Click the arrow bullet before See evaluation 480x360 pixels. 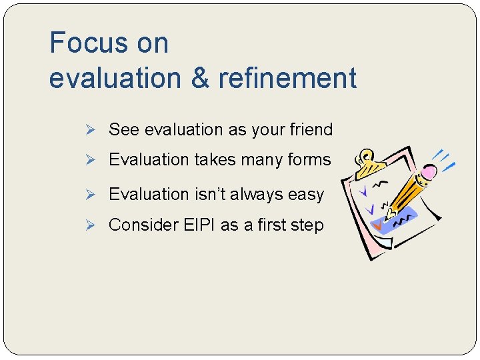click(x=95, y=129)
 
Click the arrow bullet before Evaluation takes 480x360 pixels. click(x=95, y=160)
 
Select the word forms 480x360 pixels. click(x=307, y=160)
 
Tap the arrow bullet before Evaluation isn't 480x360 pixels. click(x=95, y=195)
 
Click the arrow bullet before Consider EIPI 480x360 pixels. click(x=95, y=225)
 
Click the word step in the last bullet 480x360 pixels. click(x=309, y=225)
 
